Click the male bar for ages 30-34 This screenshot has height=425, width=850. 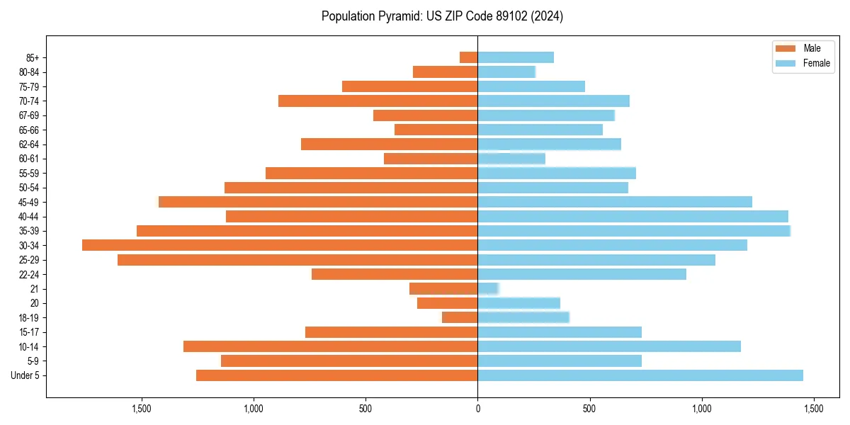click(x=280, y=245)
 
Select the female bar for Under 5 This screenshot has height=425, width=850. click(x=640, y=375)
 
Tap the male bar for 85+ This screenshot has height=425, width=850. click(x=468, y=57)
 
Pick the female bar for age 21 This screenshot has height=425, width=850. click(x=488, y=288)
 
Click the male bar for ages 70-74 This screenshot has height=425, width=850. click(x=378, y=101)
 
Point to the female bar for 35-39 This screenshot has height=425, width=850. click(x=634, y=231)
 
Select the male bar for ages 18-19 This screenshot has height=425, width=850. click(x=460, y=317)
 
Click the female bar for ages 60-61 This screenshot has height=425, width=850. click(x=511, y=159)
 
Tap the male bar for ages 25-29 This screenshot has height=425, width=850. click(x=297, y=260)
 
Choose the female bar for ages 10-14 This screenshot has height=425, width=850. click(x=609, y=346)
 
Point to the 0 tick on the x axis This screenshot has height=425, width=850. click(x=477, y=409)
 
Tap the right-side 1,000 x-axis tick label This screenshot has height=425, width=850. click(x=701, y=409)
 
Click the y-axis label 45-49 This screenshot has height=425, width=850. click(x=29, y=202)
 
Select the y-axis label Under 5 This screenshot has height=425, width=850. click(x=25, y=375)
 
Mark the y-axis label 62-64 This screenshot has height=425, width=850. click(x=29, y=144)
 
